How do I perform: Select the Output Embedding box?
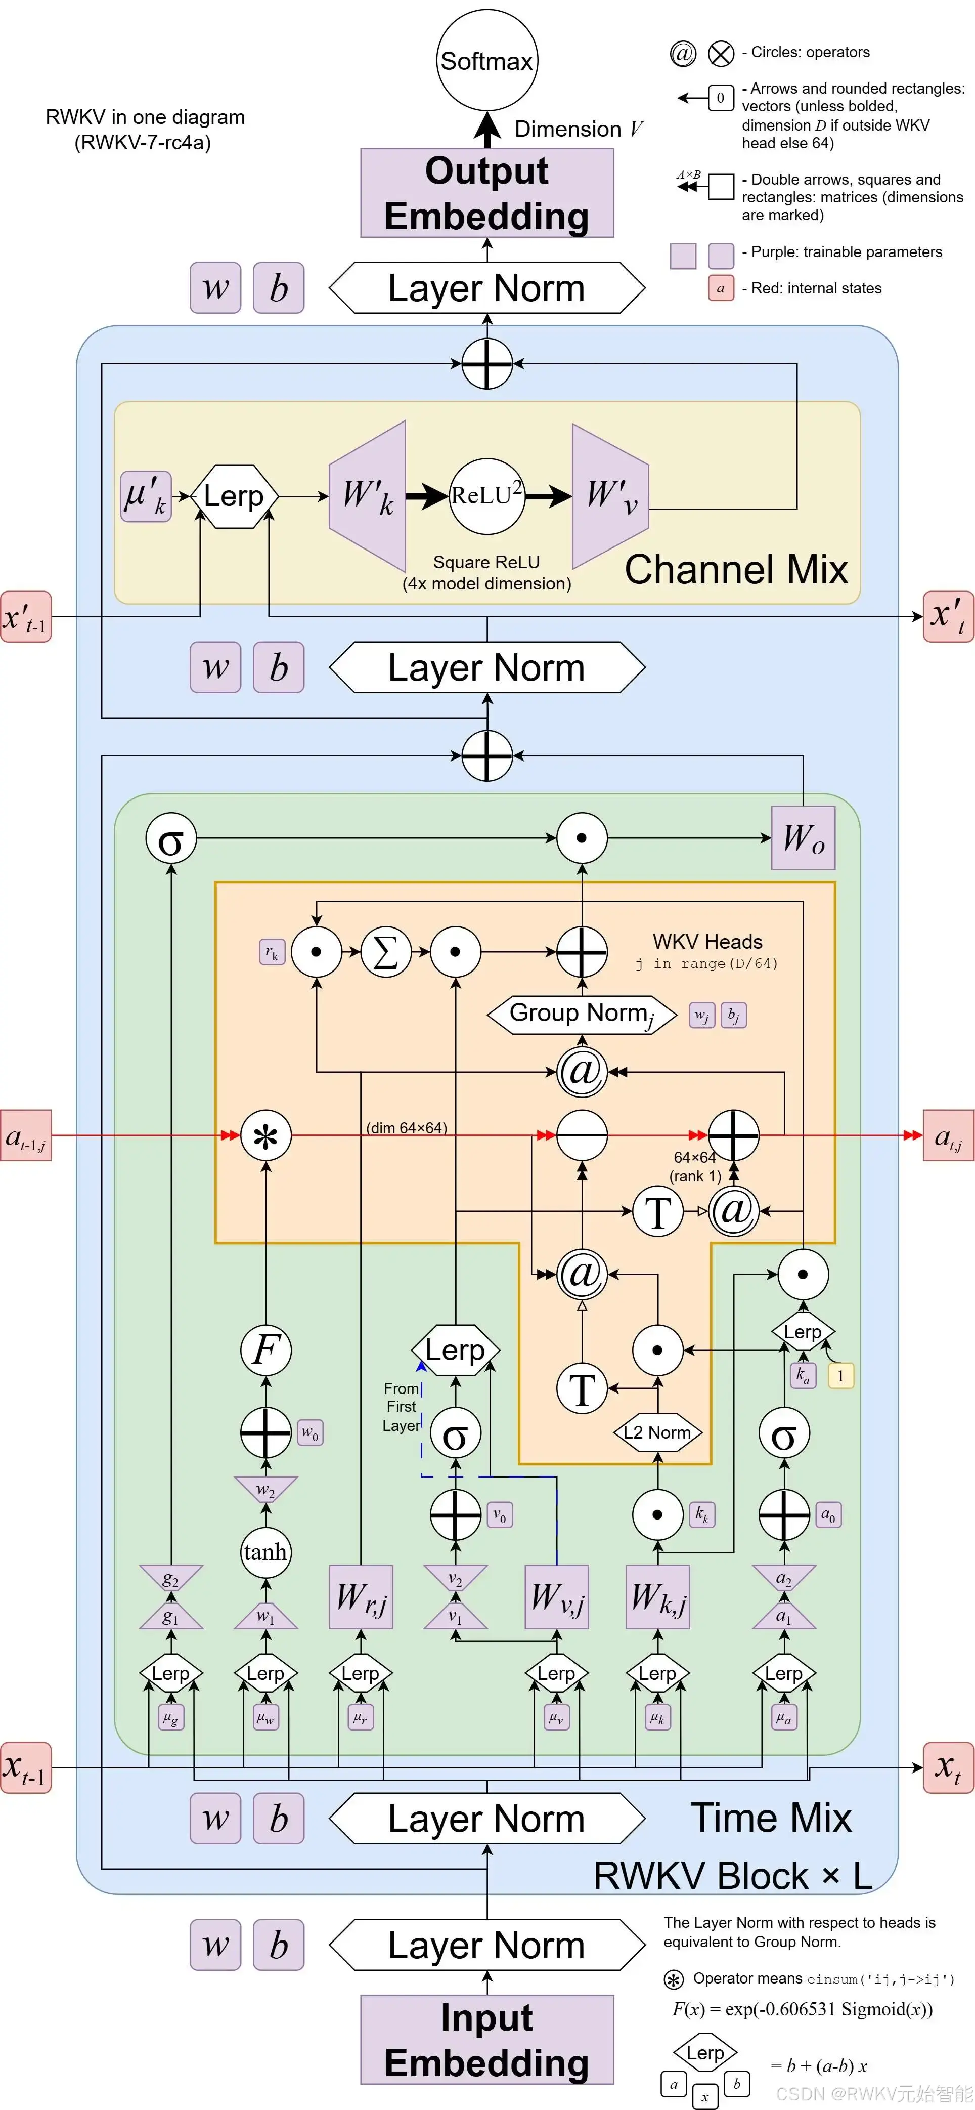point(487,193)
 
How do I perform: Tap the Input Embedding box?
point(487,2040)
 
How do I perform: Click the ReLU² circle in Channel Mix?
point(487,495)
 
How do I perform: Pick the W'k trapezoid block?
point(368,495)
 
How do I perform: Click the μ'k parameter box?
point(146,495)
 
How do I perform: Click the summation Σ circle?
point(385,952)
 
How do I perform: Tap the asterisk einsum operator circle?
point(266,1135)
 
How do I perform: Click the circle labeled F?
point(266,1350)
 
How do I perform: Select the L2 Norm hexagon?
point(657,1432)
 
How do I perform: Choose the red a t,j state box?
point(949,1135)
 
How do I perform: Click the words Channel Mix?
point(736,569)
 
